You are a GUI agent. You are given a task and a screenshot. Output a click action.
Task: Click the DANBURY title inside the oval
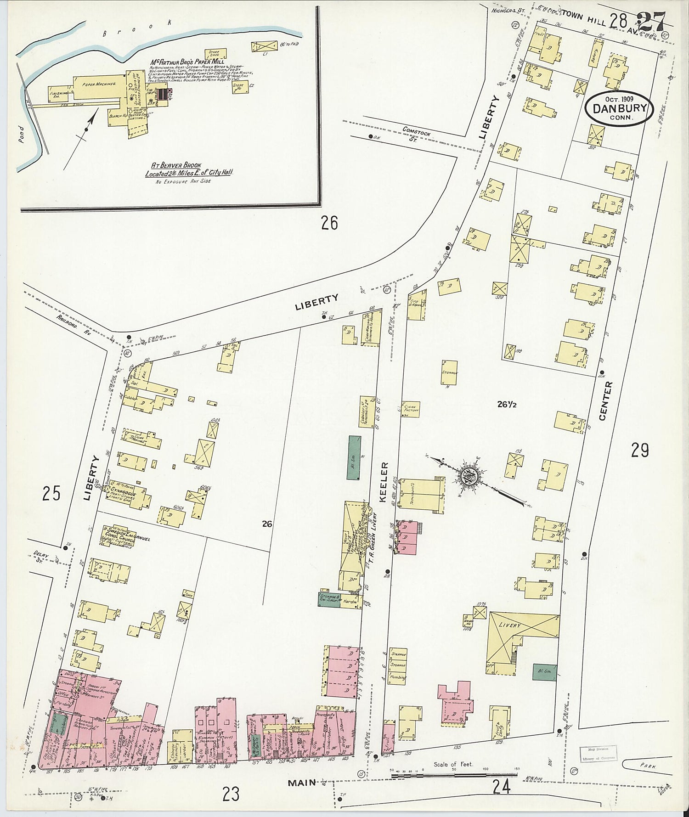(x=619, y=109)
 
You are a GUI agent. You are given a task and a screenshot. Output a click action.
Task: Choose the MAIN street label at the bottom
(x=302, y=782)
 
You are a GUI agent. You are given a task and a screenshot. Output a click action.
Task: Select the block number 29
(x=639, y=451)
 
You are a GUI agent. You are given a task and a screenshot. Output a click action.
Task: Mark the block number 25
(x=51, y=494)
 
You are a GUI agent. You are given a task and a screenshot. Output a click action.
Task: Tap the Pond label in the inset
(x=22, y=134)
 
